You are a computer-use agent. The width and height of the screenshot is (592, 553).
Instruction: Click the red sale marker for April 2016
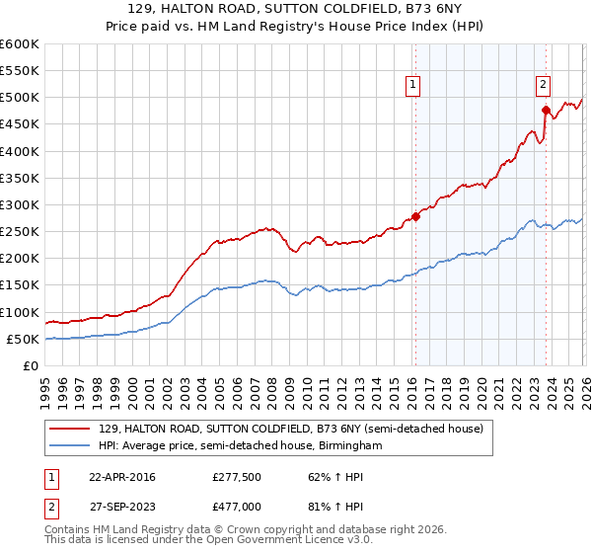tap(415, 217)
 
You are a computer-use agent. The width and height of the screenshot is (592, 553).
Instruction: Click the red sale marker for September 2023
tap(546, 111)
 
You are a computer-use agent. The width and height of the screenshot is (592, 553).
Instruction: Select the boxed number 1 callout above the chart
tap(413, 86)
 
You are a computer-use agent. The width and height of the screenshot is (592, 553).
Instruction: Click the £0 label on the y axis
tap(32, 366)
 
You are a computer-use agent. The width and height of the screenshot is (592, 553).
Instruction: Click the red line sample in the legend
tap(70, 429)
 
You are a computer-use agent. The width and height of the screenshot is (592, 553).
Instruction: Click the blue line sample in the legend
tap(70, 446)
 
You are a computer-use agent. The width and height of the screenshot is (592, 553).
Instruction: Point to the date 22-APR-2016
tap(122, 477)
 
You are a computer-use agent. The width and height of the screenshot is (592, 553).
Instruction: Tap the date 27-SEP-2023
tap(122, 505)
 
